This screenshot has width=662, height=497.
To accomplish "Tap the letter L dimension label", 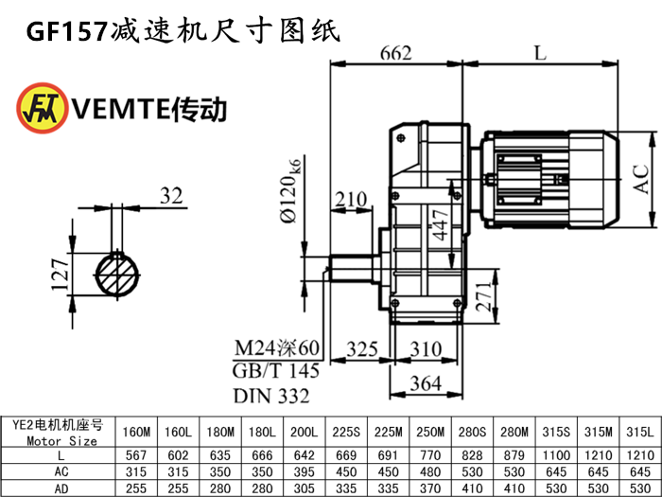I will click(539, 53).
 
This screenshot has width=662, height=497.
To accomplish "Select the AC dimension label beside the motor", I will click(641, 179).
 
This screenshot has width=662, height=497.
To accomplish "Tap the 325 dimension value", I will click(364, 348).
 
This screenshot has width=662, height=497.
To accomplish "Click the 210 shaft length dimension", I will click(350, 200).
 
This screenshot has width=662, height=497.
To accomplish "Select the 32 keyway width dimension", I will click(170, 196).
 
